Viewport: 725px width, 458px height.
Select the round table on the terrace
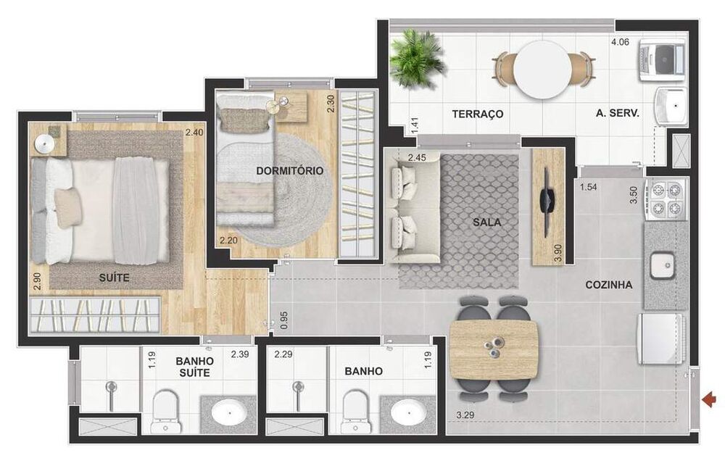(x=543, y=70)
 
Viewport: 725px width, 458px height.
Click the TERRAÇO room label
(x=477, y=114)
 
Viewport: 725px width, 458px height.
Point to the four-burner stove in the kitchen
(x=667, y=199)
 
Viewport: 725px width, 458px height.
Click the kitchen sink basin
(x=661, y=266)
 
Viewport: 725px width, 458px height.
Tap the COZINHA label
(x=608, y=285)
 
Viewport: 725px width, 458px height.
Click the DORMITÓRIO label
(x=289, y=171)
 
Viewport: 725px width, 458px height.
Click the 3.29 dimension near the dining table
(x=465, y=415)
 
